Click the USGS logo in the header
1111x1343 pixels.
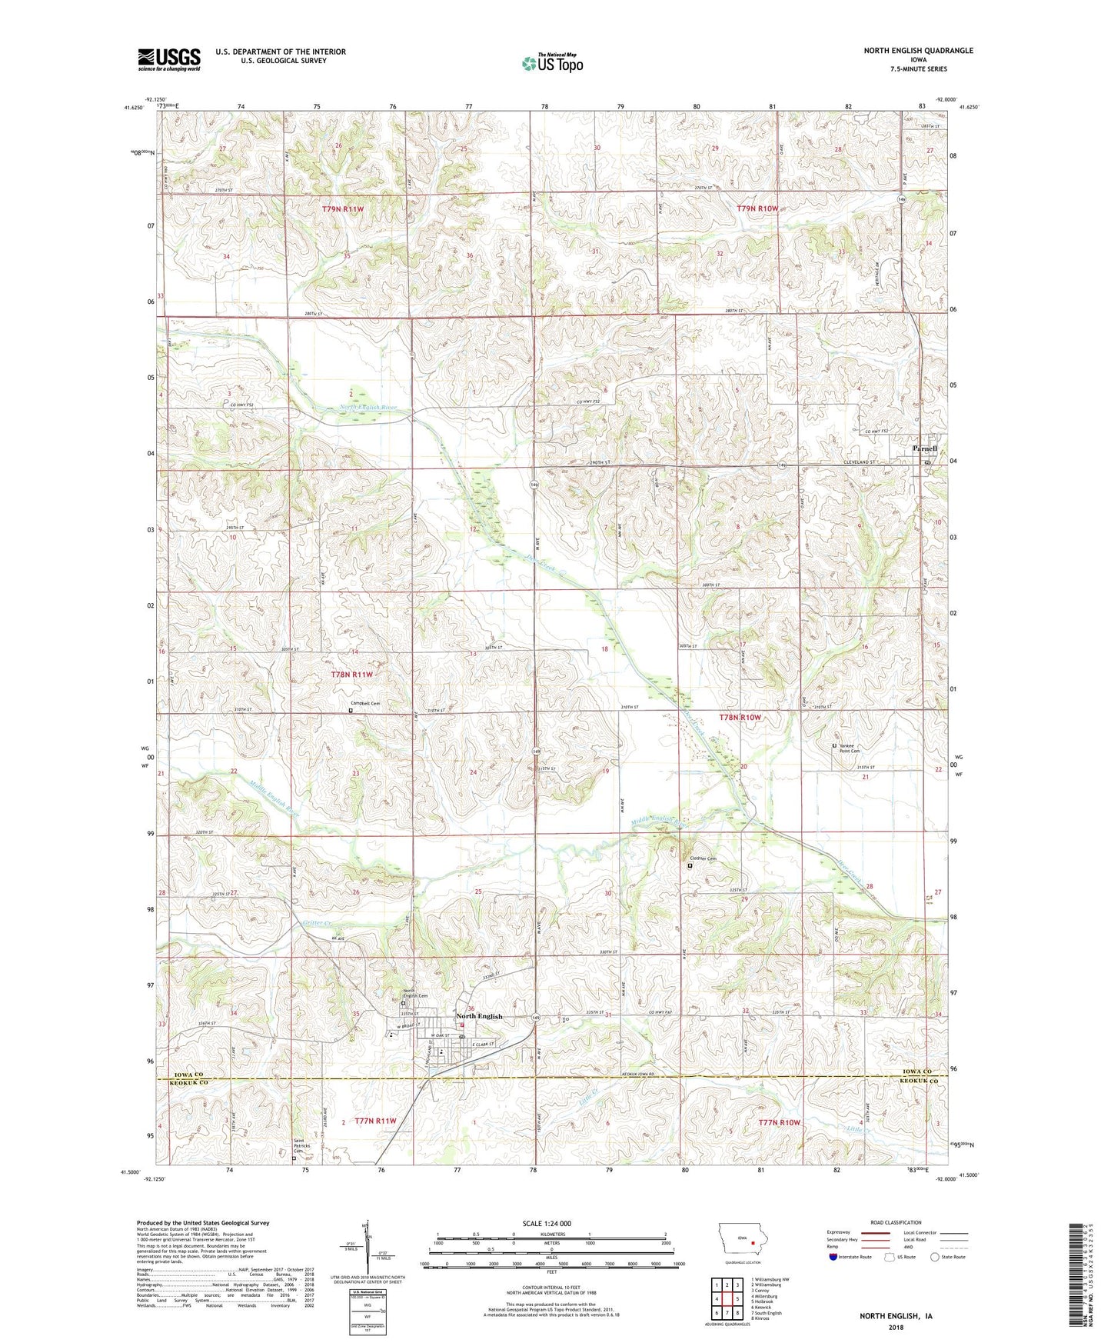pyautogui.click(x=169, y=59)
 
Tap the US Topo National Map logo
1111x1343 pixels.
pyautogui.click(x=552, y=62)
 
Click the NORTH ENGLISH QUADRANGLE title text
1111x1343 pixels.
pyautogui.click(x=918, y=51)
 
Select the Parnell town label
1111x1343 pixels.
pyautogui.click(x=924, y=448)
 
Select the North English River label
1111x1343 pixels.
pyautogui.click(x=373, y=408)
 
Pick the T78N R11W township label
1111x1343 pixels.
pyautogui.click(x=351, y=675)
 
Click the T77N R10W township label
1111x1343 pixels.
pyautogui.click(x=780, y=1122)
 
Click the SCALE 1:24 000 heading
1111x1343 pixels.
pyautogui.click(x=547, y=1223)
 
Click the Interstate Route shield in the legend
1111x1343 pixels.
pyautogui.click(x=833, y=1257)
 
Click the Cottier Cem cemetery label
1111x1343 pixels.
pyautogui.click(x=703, y=858)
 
